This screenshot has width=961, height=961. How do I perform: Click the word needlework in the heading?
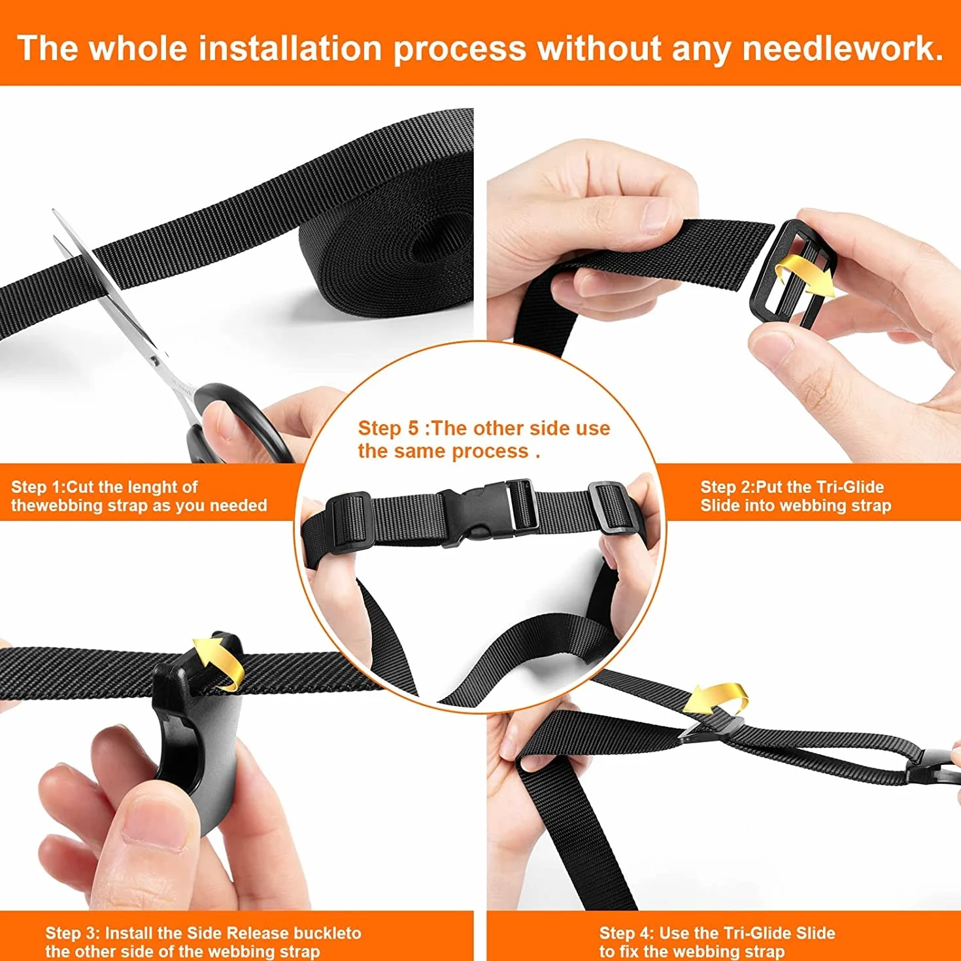tap(842, 49)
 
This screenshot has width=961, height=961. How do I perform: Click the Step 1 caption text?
tap(139, 496)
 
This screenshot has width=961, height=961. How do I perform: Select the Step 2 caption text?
tap(796, 496)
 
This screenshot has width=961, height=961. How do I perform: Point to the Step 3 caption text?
tap(203, 942)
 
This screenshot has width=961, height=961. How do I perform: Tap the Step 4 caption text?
tap(717, 942)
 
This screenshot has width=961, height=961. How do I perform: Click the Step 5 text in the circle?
tap(484, 439)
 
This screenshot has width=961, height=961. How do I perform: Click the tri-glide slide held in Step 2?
tap(793, 275)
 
